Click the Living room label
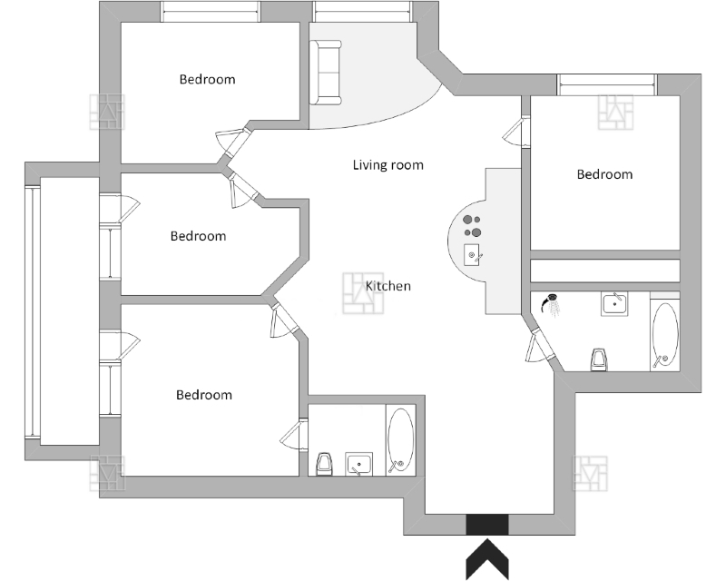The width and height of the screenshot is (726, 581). (x=388, y=165)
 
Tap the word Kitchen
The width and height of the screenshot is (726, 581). (x=388, y=286)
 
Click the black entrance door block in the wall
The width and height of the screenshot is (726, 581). (x=487, y=525)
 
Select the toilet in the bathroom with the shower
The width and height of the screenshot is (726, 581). (x=598, y=359)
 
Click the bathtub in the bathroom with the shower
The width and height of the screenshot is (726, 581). (x=664, y=335)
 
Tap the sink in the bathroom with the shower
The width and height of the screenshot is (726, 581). (x=615, y=302)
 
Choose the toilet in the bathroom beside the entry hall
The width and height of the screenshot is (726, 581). (x=325, y=464)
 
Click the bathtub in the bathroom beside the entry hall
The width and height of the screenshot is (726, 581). (x=400, y=441)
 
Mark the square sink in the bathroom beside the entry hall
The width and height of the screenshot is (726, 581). (x=359, y=465)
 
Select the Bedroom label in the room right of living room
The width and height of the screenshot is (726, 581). (x=604, y=174)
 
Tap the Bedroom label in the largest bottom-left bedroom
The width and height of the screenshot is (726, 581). (x=203, y=395)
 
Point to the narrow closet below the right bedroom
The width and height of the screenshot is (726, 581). (x=604, y=271)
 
